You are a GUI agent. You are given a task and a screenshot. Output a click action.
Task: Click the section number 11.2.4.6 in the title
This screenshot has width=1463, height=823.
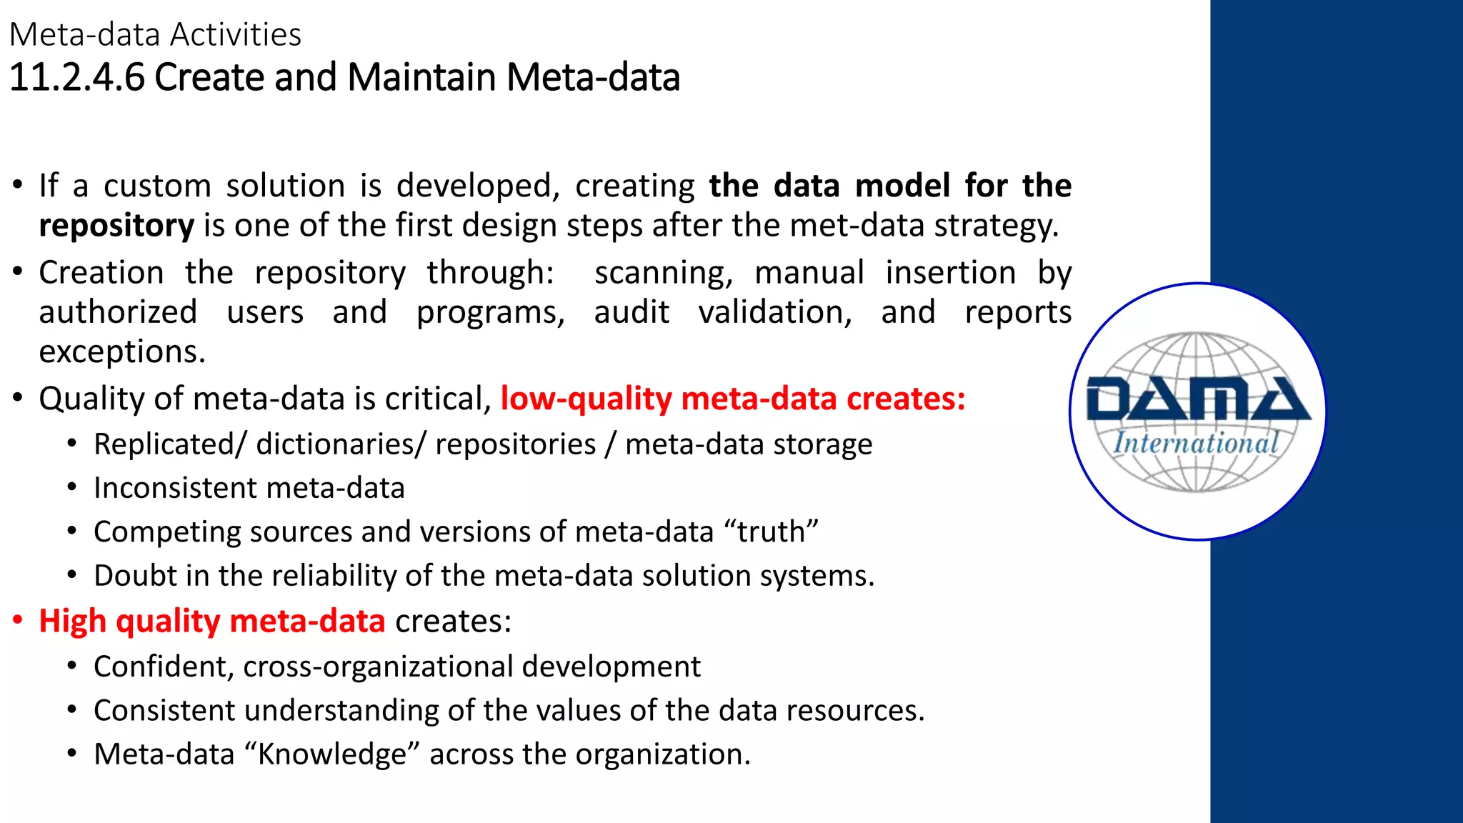(76, 77)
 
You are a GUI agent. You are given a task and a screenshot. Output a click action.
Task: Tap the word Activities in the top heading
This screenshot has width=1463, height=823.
(236, 34)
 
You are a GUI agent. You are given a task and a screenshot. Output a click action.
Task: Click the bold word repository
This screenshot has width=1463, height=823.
(116, 226)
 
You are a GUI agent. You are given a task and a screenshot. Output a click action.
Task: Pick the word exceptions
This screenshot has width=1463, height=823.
(122, 351)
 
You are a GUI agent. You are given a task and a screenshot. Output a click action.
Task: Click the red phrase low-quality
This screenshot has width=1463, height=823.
(586, 399)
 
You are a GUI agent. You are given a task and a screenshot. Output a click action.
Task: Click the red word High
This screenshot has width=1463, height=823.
(72, 621)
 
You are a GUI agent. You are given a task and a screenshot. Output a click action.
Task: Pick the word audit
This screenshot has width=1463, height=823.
(631, 313)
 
